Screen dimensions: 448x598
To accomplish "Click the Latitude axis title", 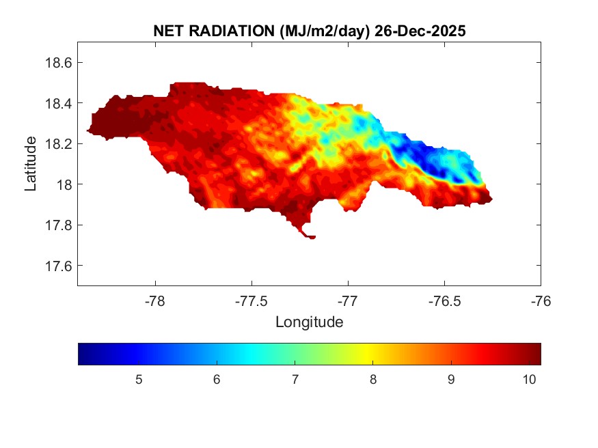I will coord(31,163).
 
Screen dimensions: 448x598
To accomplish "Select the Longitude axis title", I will coord(309,322).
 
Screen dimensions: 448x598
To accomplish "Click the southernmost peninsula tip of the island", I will coord(311,237).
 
